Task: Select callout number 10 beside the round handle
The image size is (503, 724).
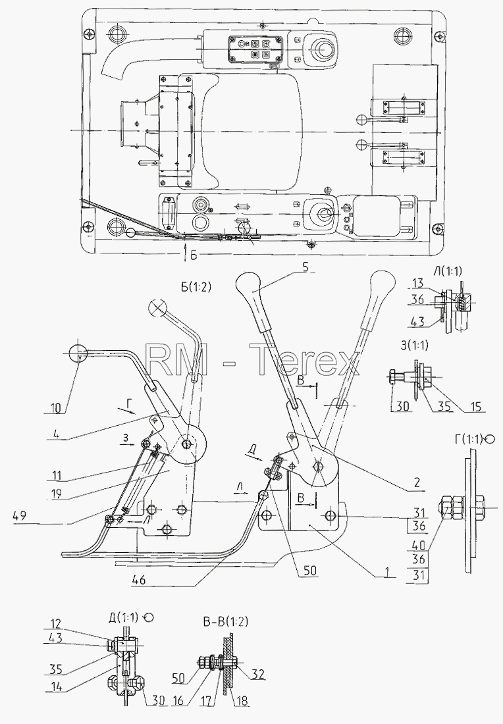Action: click(55, 408)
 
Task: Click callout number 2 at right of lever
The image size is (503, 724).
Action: click(417, 482)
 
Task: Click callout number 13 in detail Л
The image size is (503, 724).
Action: click(417, 283)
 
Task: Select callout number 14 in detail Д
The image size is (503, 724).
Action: click(55, 686)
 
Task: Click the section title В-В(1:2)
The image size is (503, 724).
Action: click(225, 621)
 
